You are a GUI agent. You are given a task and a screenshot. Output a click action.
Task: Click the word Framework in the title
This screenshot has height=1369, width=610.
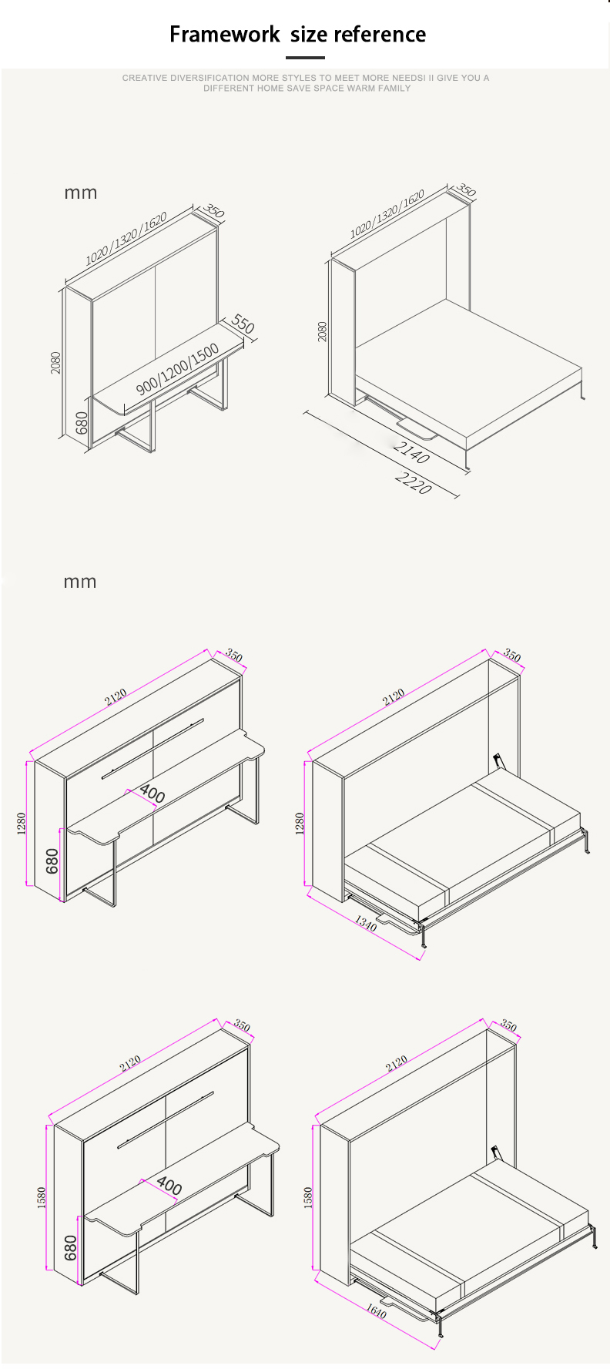(x=225, y=35)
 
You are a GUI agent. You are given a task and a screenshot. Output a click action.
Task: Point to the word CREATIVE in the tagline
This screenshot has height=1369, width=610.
(x=144, y=78)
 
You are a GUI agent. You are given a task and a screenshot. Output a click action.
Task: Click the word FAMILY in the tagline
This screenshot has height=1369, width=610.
(x=394, y=89)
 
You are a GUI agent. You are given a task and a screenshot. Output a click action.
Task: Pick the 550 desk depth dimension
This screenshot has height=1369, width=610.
(x=242, y=324)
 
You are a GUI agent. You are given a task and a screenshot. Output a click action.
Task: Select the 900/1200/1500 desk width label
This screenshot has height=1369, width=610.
(x=178, y=369)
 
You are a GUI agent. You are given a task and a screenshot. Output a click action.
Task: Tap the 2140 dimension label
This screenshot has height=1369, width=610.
(x=411, y=451)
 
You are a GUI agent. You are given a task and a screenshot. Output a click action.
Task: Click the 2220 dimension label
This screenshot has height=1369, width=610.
(x=414, y=483)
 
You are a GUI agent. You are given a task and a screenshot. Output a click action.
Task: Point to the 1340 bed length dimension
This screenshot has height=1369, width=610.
(x=365, y=923)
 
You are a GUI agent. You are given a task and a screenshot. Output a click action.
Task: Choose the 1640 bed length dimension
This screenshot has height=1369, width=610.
(x=376, y=1310)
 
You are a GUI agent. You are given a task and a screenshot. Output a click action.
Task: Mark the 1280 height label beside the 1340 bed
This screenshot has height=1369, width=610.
(x=300, y=823)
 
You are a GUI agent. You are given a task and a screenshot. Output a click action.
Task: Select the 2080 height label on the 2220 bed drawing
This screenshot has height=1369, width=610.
(x=323, y=331)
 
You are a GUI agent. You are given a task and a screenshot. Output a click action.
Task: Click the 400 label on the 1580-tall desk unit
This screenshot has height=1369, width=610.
(x=169, y=1186)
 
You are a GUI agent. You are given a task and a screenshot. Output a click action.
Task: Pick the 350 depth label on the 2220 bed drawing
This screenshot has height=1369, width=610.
(x=466, y=190)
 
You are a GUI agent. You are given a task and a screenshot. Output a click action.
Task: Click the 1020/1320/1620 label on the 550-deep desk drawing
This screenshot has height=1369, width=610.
(x=126, y=239)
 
